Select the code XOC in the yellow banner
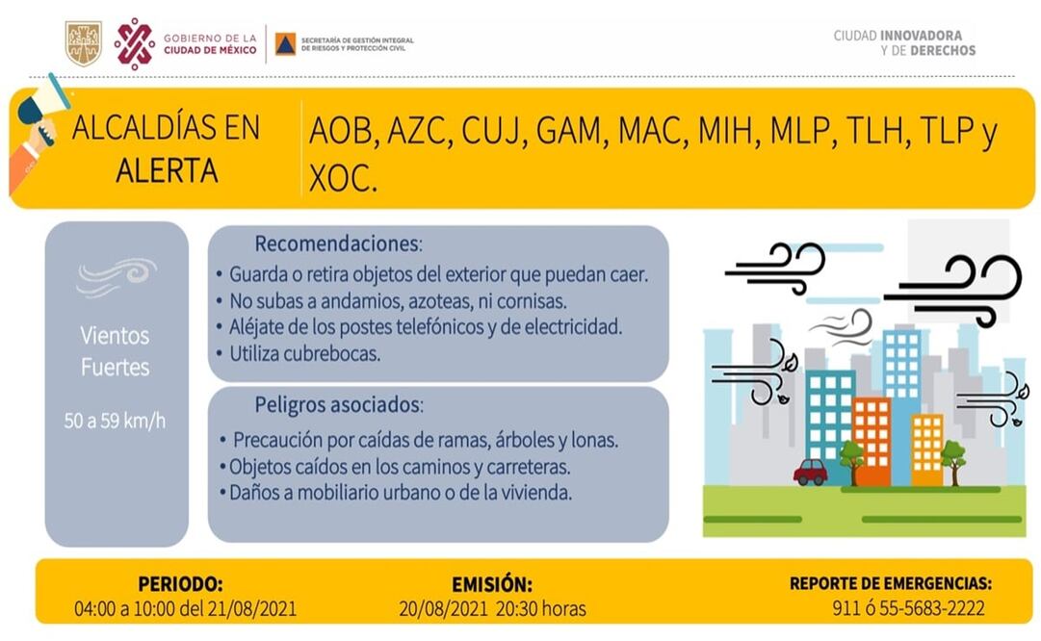tap(342, 178)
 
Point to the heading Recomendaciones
tap(338, 243)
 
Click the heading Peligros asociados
tap(338, 403)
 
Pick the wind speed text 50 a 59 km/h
tap(116, 421)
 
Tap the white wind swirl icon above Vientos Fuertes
tap(117, 276)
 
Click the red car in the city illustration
tap(810, 472)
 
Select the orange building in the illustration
tap(871, 438)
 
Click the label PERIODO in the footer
tap(180, 584)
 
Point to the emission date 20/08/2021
tap(444, 608)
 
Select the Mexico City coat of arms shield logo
tap(83, 43)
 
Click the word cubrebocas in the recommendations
tap(330, 353)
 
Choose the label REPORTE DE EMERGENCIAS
tap(890, 583)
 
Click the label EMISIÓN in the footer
tap(491, 584)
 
